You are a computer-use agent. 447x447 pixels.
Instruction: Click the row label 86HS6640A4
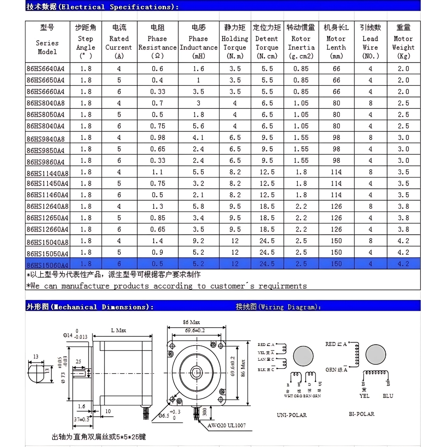point(46,69)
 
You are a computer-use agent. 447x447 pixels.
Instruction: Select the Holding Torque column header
point(235,43)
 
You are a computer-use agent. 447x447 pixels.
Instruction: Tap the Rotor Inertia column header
point(301,43)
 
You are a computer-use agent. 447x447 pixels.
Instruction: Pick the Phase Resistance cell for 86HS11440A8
point(157,172)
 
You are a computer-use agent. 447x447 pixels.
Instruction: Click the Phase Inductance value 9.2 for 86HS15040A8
point(198,241)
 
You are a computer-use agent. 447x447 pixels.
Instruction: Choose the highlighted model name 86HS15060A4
point(47,265)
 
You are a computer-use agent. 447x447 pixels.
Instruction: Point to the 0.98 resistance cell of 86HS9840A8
point(157,138)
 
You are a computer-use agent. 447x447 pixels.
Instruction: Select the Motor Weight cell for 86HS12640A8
point(403,207)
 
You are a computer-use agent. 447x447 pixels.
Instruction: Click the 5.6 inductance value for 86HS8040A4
point(198,126)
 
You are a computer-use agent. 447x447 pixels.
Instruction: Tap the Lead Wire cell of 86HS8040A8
point(370,103)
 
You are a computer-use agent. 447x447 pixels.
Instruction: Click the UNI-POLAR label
point(291,415)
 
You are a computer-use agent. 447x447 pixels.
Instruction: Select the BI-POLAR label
point(362,414)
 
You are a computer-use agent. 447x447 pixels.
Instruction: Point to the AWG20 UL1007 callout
point(226,426)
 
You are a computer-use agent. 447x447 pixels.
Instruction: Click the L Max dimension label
point(118,330)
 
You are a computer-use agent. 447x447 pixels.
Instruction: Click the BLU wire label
point(388,396)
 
